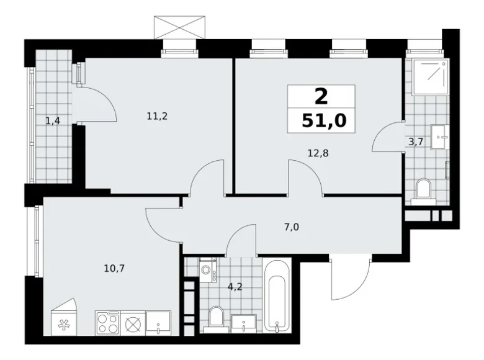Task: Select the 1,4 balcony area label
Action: (x=53, y=120)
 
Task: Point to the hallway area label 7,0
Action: (x=292, y=227)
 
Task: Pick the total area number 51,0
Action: (x=321, y=119)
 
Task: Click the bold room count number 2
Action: (x=321, y=96)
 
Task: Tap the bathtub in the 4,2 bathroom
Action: (x=276, y=295)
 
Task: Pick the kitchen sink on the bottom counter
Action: (x=158, y=323)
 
